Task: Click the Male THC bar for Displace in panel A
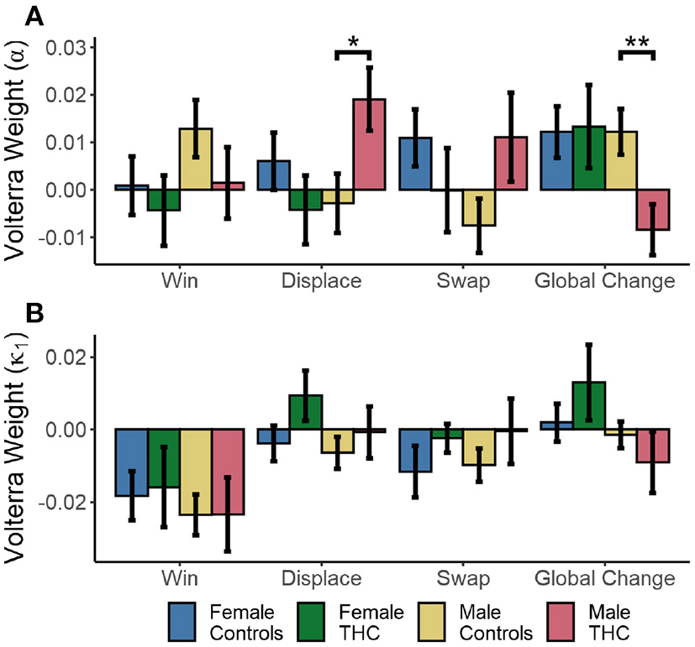[369, 144]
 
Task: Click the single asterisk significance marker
[353, 43]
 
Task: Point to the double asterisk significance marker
[636, 43]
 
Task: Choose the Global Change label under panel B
[605, 578]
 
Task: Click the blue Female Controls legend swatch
[182, 621]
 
